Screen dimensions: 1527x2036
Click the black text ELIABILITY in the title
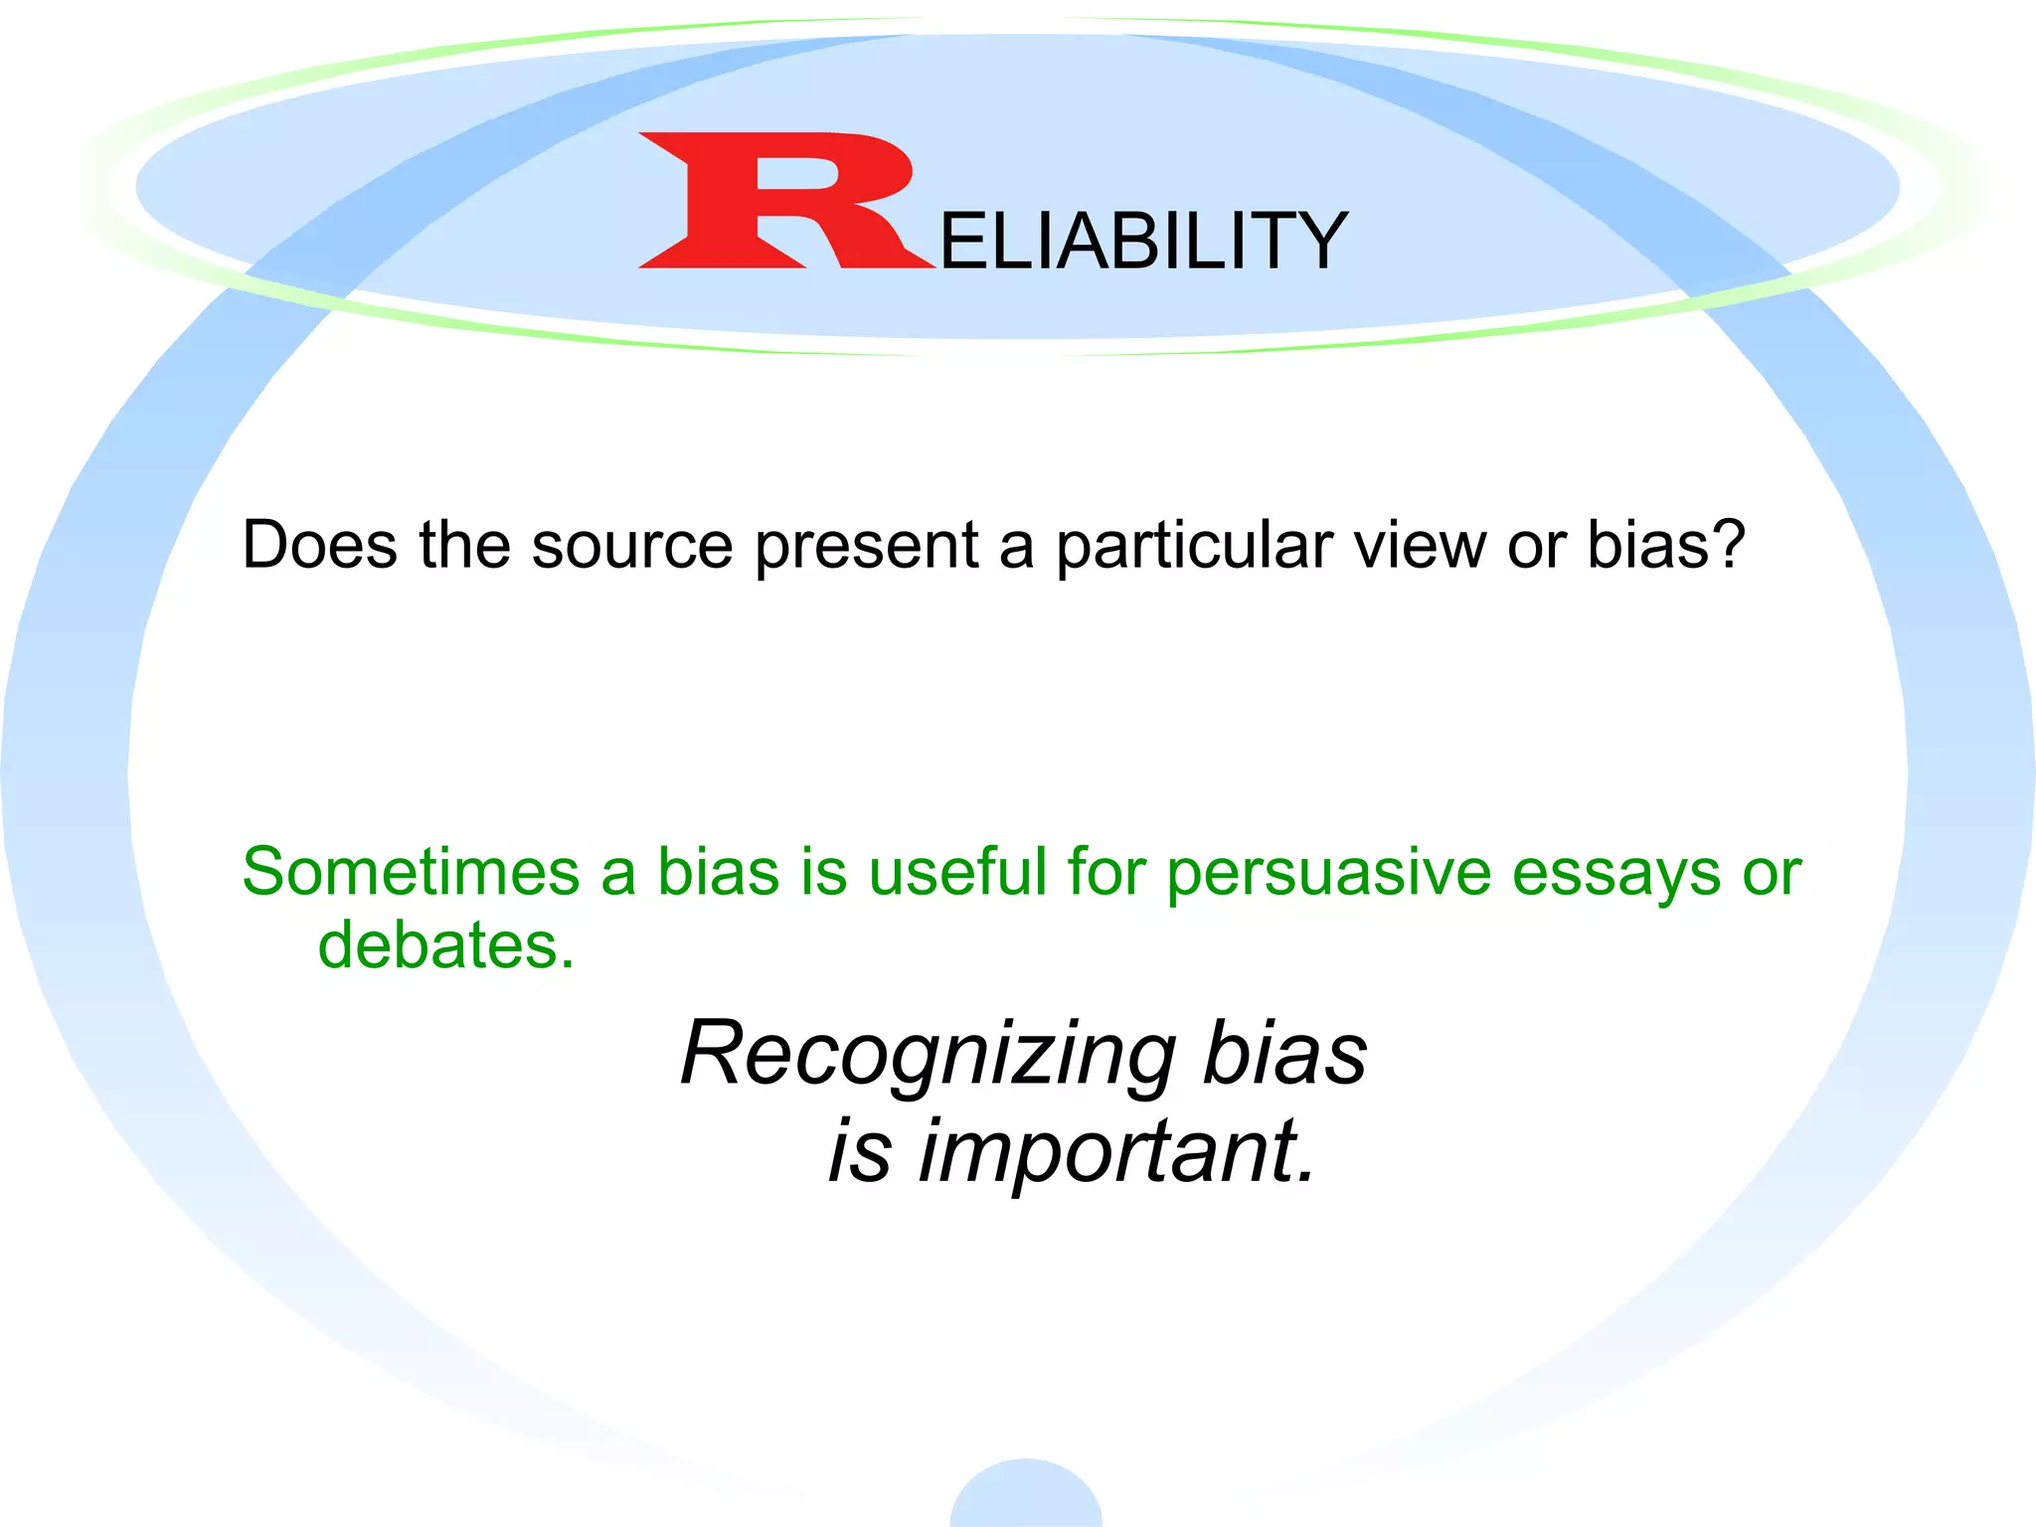(1143, 242)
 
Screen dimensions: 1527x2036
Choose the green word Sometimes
(411, 872)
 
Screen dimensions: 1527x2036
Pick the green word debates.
(445, 944)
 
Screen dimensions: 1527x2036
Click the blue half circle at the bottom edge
(1026, 1496)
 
